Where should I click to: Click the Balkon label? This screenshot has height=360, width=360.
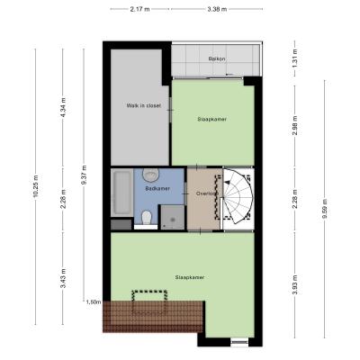pos(217,58)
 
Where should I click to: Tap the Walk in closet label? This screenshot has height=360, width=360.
pos(144,105)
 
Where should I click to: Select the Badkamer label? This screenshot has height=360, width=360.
pos(157,189)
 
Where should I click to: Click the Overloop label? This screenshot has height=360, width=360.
pos(207,193)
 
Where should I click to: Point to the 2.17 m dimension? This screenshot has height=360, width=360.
pos(139,9)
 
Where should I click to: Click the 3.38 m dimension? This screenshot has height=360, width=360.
pos(217,9)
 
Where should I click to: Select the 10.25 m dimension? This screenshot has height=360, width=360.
pos(36,186)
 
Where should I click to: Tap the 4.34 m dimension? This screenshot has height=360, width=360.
pos(63,108)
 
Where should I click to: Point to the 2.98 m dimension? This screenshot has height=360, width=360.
pos(295,125)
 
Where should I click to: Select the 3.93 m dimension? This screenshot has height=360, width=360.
pos(295,284)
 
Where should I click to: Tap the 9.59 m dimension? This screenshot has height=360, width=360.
pos(325,209)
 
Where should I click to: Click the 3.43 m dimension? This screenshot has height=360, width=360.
pos(63,278)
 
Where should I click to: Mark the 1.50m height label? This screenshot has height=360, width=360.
pos(94,302)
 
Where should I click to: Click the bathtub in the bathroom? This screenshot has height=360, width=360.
pos(121,193)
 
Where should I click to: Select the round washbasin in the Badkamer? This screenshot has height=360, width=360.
pos(150,175)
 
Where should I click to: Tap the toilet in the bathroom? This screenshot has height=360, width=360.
pos(147,218)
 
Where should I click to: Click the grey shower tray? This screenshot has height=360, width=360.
pos(173,218)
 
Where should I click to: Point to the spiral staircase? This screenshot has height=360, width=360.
pos(238,196)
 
